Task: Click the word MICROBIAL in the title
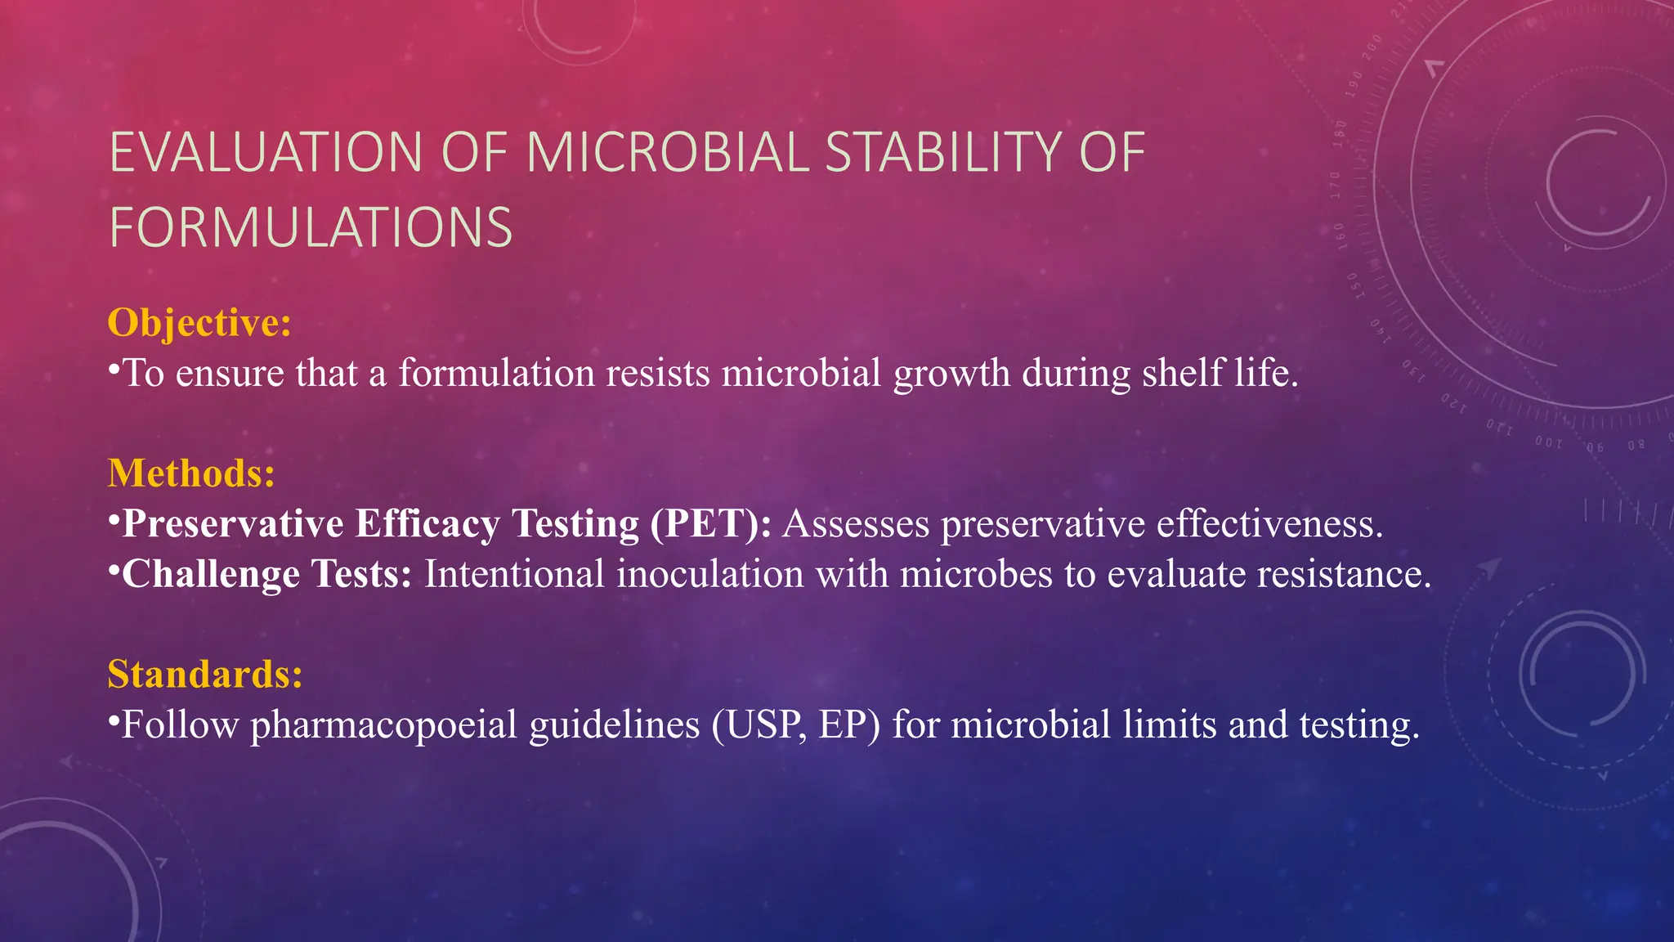[x=667, y=153]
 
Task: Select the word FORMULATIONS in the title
[x=311, y=227]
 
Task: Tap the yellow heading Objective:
[x=199, y=322]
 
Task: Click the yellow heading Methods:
[x=191, y=473]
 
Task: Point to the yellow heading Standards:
[x=205, y=675]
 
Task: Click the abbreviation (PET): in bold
[x=710, y=524]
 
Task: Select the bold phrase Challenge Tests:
[x=266, y=574]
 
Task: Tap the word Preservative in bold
[x=233, y=524]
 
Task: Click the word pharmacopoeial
[x=383, y=725]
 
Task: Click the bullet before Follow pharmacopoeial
[x=114, y=720]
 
